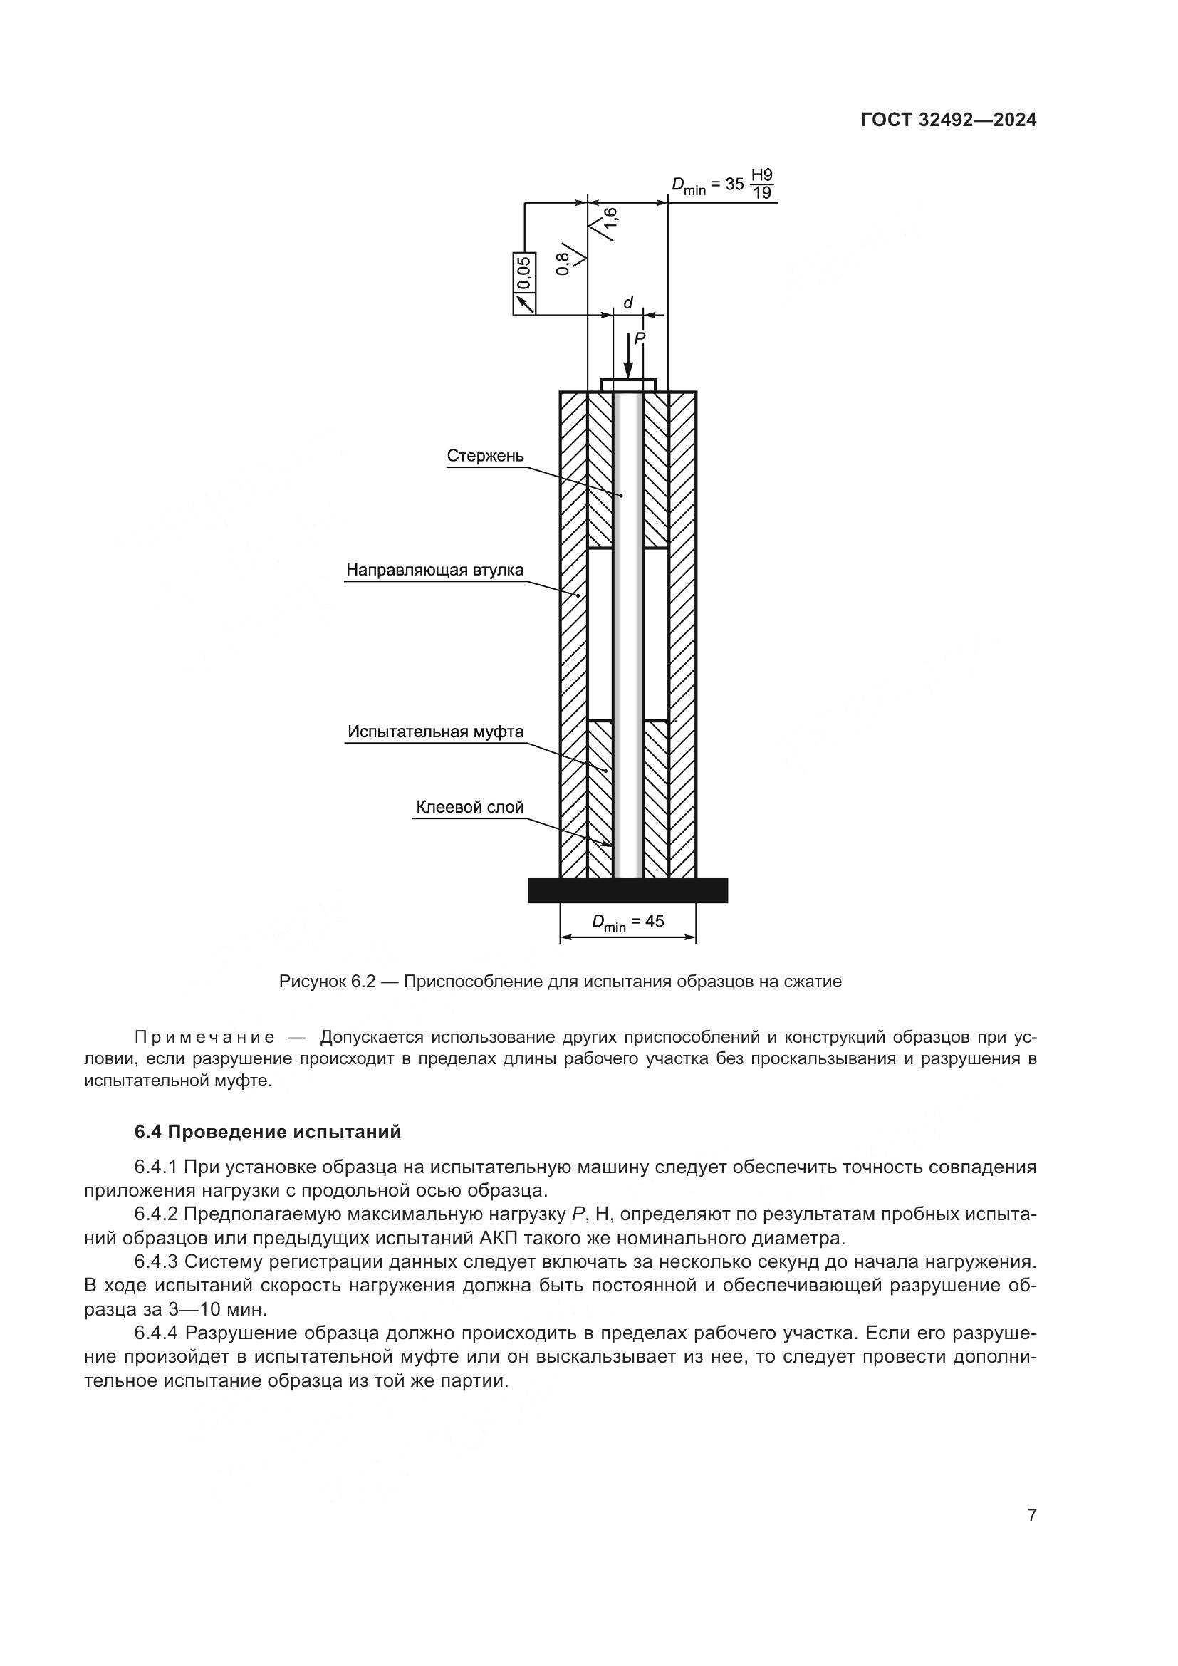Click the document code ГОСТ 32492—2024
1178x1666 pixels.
pyautogui.click(x=948, y=120)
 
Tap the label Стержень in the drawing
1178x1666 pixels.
pyautogui.click(x=484, y=456)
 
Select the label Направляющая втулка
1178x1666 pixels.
pyautogui.click(x=434, y=570)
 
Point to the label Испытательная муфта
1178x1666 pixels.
pyautogui.click(x=435, y=731)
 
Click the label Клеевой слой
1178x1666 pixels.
pyautogui.click(x=469, y=807)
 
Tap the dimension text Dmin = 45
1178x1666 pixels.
pyautogui.click(x=627, y=922)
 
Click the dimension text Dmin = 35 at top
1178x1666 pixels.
pyautogui.click(x=707, y=184)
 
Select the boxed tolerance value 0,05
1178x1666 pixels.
pyautogui.click(x=523, y=273)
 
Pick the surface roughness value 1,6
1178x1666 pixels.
pyautogui.click(x=610, y=223)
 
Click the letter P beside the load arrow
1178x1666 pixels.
pyautogui.click(x=639, y=338)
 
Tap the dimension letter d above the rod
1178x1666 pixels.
pyautogui.click(x=628, y=303)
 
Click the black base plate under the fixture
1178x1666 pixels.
pyautogui.click(x=627, y=890)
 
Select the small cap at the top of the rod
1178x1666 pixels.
pyautogui.click(x=627, y=384)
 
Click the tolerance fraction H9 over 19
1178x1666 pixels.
pyautogui.click(x=761, y=184)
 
